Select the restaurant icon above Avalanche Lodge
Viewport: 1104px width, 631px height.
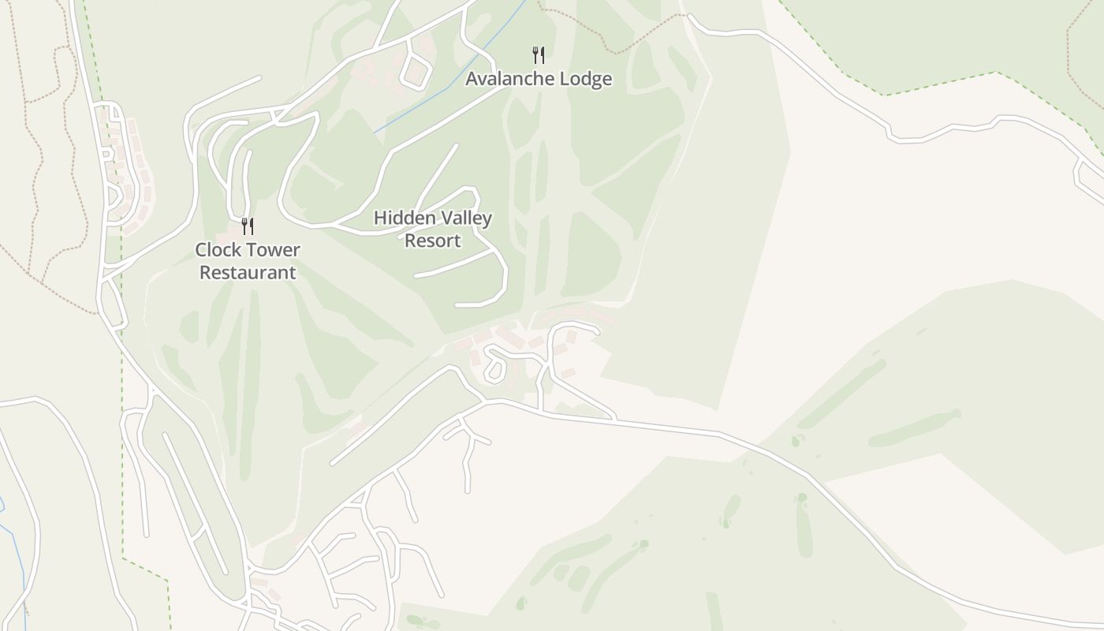click(x=539, y=54)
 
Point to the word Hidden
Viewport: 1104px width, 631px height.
click(x=403, y=218)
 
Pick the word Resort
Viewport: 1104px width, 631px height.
click(x=432, y=241)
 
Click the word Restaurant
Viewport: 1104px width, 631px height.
click(x=248, y=273)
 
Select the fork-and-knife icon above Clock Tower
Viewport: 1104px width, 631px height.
click(x=248, y=226)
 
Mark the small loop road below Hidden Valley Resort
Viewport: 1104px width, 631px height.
click(x=494, y=367)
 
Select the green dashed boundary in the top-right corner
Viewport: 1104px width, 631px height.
click(x=938, y=85)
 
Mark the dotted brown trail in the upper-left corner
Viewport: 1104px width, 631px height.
click(x=35, y=158)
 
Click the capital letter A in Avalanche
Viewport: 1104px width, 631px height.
click(x=472, y=79)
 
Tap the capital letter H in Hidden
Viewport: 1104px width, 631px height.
click(x=380, y=218)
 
